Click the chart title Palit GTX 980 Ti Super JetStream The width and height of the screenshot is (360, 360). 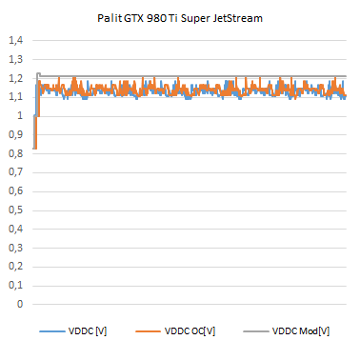coord(180,17)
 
